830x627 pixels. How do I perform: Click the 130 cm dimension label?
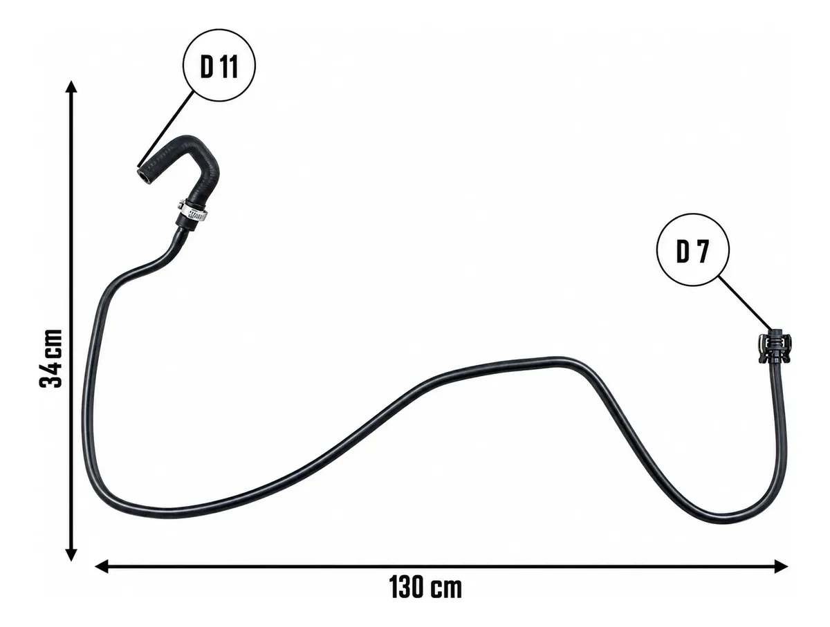(425, 587)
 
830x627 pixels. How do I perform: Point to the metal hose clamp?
(192, 212)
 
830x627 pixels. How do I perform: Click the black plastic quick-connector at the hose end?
(774, 346)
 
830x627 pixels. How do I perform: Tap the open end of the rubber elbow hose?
(145, 176)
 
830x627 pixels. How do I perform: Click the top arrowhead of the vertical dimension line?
(71, 86)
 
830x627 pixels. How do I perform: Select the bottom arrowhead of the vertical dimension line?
(71, 554)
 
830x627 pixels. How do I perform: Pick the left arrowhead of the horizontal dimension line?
(102, 566)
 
